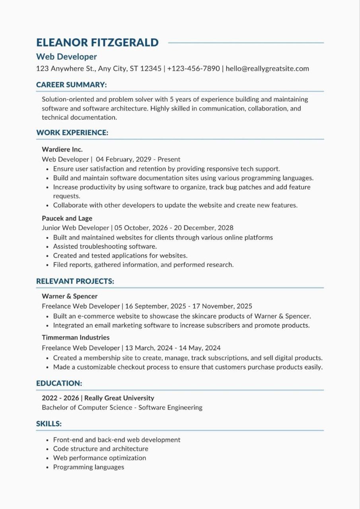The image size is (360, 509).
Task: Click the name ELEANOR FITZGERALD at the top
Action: click(x=97, y=43)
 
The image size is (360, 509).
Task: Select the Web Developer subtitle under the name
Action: click(x=66, y=57)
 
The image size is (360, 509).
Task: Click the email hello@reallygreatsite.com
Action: click(x=267, y=68)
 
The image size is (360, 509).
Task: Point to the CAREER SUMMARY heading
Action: click(x=71, y=85)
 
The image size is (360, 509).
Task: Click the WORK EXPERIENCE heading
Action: click(x=72, y=133)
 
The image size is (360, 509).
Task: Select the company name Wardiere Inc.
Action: click(x=62, y=150)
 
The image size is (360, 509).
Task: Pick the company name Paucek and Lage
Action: click(x=67, y=218)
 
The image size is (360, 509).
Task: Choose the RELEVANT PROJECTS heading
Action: click(x=75, y=281)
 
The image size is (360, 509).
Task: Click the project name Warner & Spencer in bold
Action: click(x=70, y=296)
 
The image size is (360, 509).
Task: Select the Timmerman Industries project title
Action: click(x=76, y=338)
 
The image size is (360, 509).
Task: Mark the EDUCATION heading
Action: click(x=59, y=383)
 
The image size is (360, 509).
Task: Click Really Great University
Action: click(x=119, y=398)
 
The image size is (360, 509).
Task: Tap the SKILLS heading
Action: click(x=49, y=424)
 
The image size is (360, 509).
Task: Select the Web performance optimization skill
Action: click(x=99, y=458)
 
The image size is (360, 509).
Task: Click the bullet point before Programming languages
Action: click(x=47, y=468)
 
